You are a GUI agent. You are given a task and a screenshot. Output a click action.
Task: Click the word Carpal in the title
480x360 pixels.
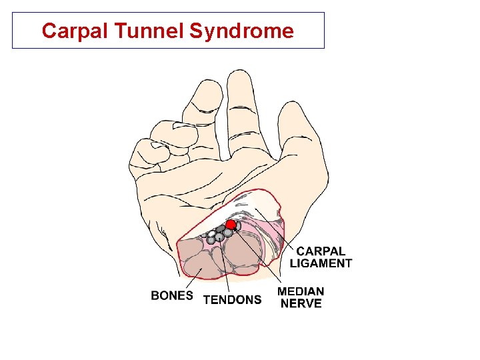click(69, 31)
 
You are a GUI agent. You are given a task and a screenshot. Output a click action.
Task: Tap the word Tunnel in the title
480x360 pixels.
click(140, 31)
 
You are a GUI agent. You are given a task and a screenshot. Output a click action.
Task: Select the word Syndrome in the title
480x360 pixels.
click(241, 31)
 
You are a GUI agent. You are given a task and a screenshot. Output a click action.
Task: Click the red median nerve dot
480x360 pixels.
click(231, 225)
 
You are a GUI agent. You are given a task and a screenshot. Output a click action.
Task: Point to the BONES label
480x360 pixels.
click(172, 296)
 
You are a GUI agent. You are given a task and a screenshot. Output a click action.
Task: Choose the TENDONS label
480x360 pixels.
click(232, 300)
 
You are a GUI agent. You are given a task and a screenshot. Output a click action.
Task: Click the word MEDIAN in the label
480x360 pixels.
click(301, 291)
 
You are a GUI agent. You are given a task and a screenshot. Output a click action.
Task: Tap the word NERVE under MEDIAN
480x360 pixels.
click(301, 304)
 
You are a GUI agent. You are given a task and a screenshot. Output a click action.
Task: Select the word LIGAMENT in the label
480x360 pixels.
click(321, 263)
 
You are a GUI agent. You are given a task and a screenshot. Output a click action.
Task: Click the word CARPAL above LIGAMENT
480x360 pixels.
click(321, 251)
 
